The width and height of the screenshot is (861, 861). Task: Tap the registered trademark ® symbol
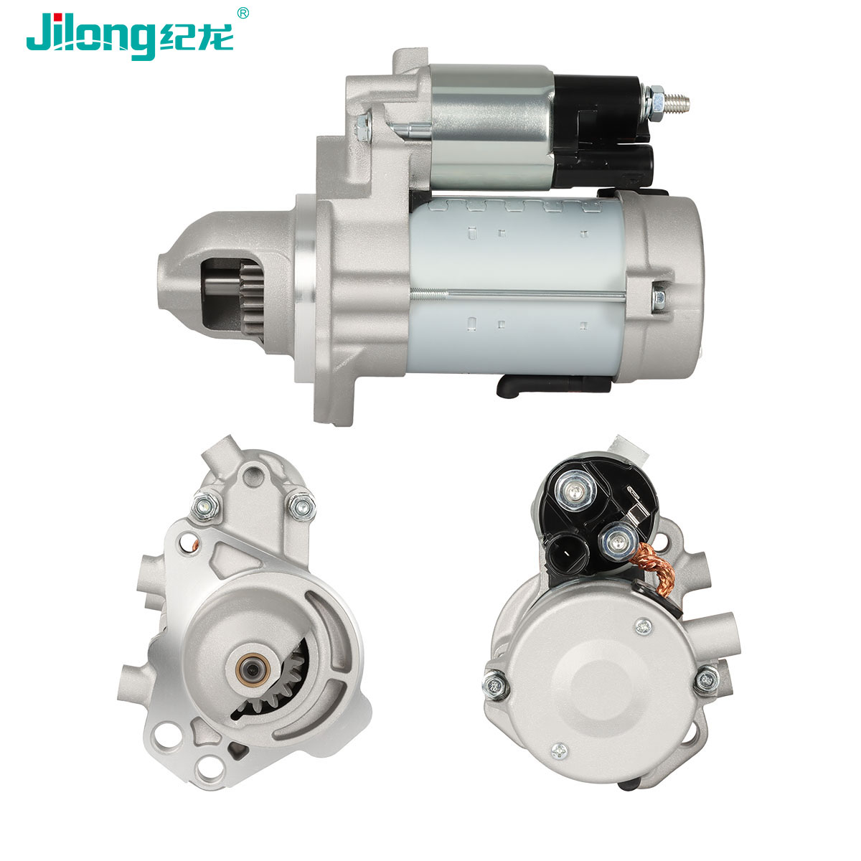coord(243,13)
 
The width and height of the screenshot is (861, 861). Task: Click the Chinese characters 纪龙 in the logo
coord(196,37)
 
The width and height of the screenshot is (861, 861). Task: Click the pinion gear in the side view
coord(250,298)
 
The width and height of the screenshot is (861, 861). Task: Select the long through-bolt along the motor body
coord(518,293)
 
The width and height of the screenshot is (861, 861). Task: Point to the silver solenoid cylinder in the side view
coord(491,126)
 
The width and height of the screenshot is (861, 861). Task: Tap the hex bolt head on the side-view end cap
coord(659,297)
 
